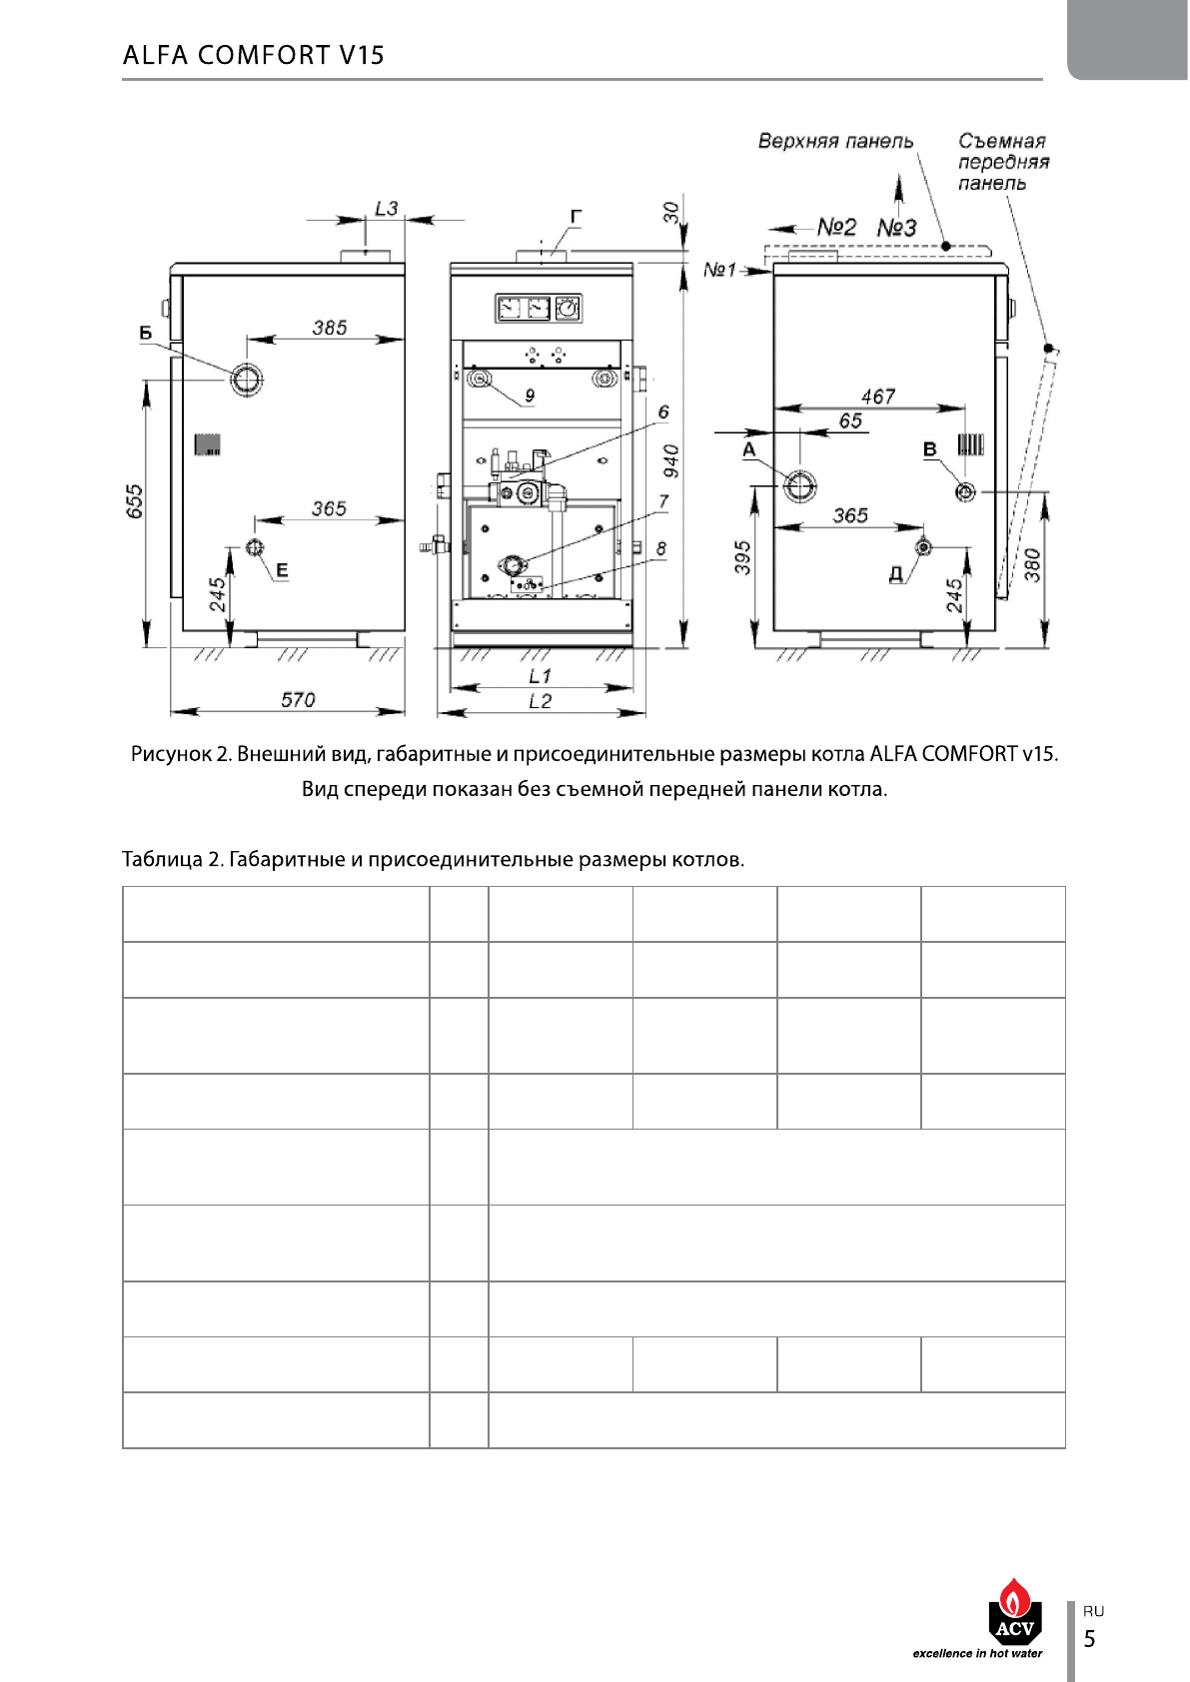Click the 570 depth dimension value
pos(298,700)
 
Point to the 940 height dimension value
pos(671,460)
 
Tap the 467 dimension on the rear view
pos(878,397)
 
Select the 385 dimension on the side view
pos(330,328)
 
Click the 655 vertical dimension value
pos(136,501)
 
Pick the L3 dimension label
pos(386,209)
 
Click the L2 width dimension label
pos(540,701)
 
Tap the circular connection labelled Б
pos(247,379)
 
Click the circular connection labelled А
pos(799,486)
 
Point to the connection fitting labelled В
pos(965,491)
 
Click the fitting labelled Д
pos(923,547)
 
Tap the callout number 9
pos(530,396)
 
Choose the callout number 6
pos(663,412)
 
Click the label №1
pos(719,270)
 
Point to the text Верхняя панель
pos(835,141)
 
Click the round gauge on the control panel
pos(568,309)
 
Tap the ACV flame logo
pos(1014,1611)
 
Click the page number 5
pos(1090,1639)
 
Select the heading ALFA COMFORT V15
pos(254,55)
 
